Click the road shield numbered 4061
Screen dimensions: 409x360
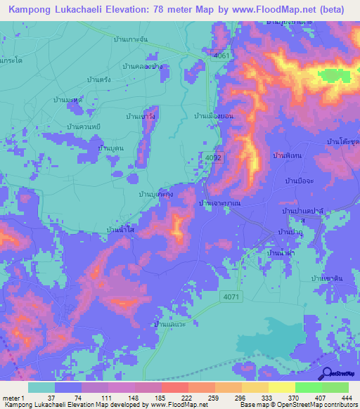tap(221, 56)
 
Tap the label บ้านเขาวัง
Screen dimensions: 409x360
tap(141, 116)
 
